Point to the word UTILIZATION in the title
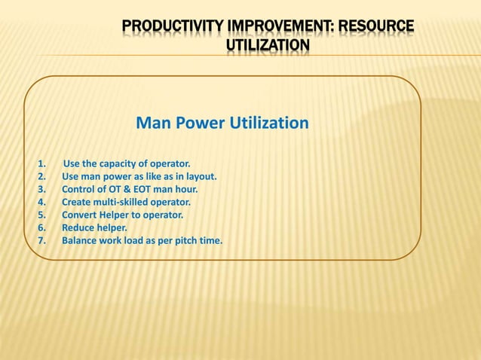coord(268,47)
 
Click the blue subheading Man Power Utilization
coord(222,123)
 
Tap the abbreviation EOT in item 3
coord(143,189)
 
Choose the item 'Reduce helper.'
coord(94,227)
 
